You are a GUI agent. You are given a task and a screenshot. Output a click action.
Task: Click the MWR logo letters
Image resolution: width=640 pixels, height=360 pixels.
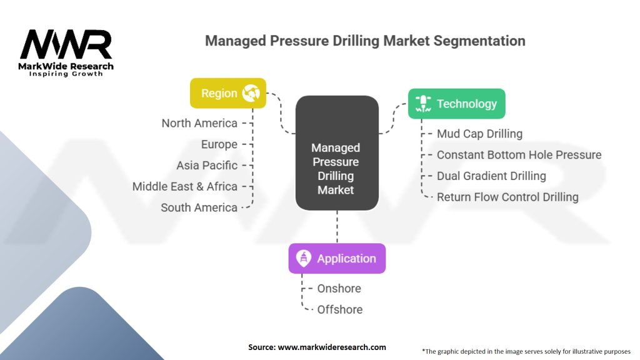(66, 44)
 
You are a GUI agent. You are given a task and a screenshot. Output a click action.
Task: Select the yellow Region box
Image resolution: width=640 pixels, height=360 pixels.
(227, 93)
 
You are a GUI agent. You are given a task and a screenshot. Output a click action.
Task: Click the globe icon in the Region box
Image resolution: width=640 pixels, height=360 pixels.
(251, 93)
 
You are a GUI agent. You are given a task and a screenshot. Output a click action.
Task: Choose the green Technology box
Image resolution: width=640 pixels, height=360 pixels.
(456, 104)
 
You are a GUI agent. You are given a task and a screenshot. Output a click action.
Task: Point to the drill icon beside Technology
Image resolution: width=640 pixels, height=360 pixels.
(423, 104)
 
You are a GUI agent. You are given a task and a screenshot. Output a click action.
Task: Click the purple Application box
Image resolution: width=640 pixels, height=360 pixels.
(337, 258)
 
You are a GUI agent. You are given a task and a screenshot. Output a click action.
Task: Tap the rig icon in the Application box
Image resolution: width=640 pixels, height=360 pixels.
(303, 258)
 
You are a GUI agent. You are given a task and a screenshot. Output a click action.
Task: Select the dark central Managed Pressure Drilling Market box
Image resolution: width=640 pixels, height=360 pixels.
(337, 153)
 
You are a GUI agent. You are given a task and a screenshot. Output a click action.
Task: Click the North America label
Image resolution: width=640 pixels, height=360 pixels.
(199, 123)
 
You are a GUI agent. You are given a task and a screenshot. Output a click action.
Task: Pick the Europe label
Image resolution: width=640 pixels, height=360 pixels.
(219, 144)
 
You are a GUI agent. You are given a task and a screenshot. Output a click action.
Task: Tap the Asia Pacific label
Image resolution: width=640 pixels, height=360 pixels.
(206, 165)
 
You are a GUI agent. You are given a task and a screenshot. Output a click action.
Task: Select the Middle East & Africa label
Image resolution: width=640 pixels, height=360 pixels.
(184, 186)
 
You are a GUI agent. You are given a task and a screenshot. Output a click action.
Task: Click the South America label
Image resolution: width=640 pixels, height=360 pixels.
(199, 207)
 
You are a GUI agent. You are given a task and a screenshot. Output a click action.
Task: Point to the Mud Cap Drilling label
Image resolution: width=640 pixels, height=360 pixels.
(479, 134)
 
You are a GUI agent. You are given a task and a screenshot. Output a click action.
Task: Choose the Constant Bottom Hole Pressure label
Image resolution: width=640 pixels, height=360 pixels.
(519, 155)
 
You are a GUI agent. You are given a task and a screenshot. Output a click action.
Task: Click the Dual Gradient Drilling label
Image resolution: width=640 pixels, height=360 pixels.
(491, 176)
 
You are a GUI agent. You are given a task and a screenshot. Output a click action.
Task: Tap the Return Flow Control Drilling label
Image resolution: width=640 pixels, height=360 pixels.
(507, 197)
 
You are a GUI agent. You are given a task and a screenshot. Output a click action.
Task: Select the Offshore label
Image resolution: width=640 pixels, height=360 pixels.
(340, 310)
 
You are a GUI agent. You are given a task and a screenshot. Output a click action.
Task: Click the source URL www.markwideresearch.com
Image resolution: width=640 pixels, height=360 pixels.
(332, 347)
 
